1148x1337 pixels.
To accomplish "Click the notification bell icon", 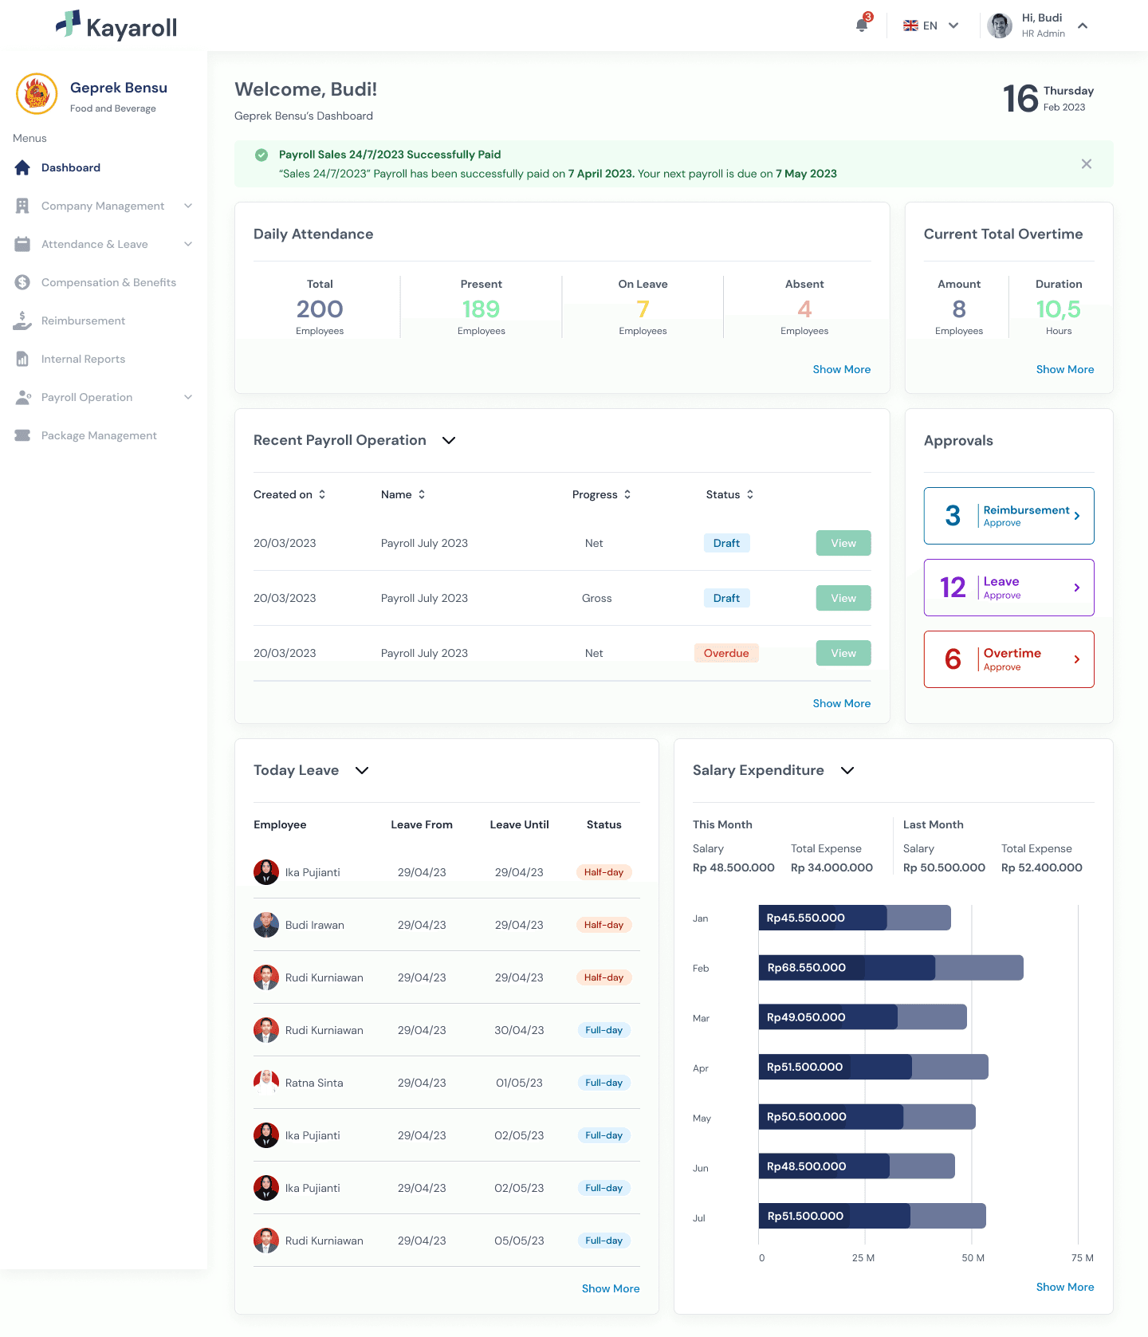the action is coord(862,25).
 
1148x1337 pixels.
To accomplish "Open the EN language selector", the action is coord(930,26).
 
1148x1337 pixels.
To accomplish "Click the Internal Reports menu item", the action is coord(83,359).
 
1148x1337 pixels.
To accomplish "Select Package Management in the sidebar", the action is coord(99,435).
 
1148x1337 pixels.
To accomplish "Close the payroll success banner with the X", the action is coord(1087,163).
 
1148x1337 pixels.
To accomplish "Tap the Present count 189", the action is coord(481,309).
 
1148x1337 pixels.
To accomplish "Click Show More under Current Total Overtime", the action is coord(1064,369).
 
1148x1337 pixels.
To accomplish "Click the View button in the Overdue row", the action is coord(843,653).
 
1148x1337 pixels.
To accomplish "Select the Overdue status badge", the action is coord(726,653).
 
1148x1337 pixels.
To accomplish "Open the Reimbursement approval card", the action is coord(1008,516).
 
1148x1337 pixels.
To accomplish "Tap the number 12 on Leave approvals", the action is coord(953,588).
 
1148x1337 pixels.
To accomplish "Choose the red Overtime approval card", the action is coord(1008,659).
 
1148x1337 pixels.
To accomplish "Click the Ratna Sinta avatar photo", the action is coord(266,1083).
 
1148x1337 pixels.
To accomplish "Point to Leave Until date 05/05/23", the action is coord(519,1241).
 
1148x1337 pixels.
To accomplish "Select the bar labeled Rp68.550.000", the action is coord(890,968).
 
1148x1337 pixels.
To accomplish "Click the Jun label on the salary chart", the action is coord(700,1168).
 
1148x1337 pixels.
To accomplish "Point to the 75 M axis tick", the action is coord(1083,1257).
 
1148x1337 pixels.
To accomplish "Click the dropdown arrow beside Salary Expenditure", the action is coord(847,770).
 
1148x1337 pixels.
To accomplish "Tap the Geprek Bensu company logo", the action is coord(37,94).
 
